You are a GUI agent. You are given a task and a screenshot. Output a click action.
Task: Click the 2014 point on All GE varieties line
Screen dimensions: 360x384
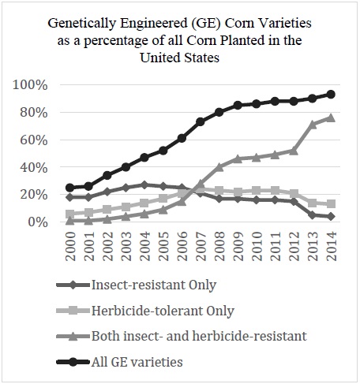coord(331,95)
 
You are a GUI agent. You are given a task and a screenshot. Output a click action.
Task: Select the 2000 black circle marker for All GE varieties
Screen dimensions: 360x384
coord(70,188)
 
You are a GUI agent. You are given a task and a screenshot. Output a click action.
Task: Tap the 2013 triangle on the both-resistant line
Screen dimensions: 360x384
coord(313,124)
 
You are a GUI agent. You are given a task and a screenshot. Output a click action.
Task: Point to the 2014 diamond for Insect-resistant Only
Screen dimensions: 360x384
coord(331,217)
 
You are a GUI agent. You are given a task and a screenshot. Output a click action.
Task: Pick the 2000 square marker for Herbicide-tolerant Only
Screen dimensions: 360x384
coord(70,214)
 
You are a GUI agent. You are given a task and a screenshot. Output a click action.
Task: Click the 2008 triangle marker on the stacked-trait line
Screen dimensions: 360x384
coord(219,167)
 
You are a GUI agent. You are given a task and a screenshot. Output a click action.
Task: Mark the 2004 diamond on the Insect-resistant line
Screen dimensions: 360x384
coord(144,185)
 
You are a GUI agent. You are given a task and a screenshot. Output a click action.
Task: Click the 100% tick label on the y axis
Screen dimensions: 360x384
coord(30,85)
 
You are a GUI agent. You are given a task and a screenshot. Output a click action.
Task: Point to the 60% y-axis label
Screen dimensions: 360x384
coord(34,140)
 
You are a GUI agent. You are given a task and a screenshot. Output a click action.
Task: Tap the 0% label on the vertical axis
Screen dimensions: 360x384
coord(38,222)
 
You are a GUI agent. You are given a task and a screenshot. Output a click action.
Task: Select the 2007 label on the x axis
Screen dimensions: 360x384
coord(201,246)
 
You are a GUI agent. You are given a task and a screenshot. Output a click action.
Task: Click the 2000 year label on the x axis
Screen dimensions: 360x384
coord(70,246)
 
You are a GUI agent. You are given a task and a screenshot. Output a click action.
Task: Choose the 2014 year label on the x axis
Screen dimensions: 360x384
coord(332,246)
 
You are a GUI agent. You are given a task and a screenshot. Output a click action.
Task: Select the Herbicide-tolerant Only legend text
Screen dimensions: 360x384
coord(163,311)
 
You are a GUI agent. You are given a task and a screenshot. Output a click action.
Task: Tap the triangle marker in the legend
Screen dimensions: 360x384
coord(73,336)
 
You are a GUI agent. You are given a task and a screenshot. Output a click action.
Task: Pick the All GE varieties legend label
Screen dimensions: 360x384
coord(137,362)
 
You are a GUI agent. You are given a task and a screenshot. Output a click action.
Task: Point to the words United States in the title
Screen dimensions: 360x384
coord(180,58)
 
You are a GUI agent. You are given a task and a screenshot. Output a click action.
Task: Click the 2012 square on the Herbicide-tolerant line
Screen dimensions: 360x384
coord(294,193)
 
